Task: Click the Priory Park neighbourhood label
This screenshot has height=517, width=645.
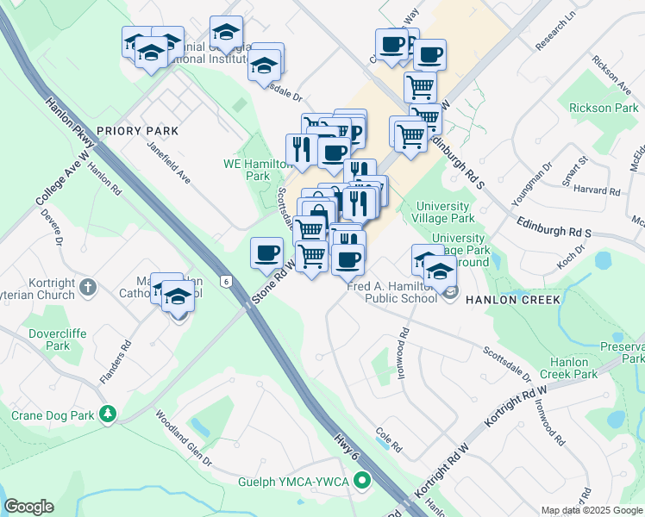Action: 137,131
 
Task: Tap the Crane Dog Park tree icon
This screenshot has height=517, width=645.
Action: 108,414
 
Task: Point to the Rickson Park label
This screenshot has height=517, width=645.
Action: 604,109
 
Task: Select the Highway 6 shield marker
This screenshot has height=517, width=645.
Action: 226,281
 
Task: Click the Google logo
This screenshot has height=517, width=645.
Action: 28,507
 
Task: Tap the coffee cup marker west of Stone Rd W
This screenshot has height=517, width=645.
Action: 266,253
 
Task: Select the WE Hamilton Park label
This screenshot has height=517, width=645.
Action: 247,169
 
